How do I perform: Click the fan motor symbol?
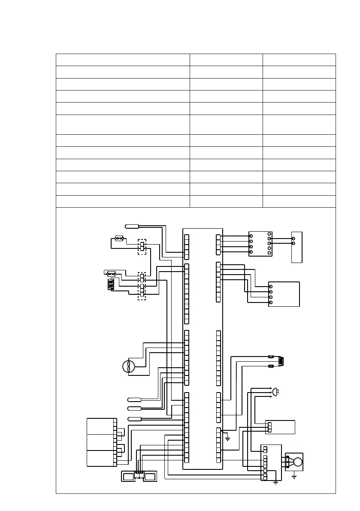coord(129,366)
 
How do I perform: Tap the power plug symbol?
coord(275,391)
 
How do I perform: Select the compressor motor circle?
coord(297,462)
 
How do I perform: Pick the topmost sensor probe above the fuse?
coord(130,226)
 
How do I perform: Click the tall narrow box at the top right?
coord(297,247)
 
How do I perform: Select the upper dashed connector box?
coord(142,247)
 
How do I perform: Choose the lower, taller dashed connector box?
coord(142,286)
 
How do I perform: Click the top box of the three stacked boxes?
coord(100,426)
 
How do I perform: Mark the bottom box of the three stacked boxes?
coord(100,458)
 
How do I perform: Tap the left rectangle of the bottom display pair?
coord(128,476)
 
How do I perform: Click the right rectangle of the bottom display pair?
coord(150,476)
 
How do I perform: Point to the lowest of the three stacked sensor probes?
coord(134,418)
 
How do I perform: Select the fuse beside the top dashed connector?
coord(120,237)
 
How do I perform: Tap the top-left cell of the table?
coord(123,59)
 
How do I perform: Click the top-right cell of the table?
coord(299,59)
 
